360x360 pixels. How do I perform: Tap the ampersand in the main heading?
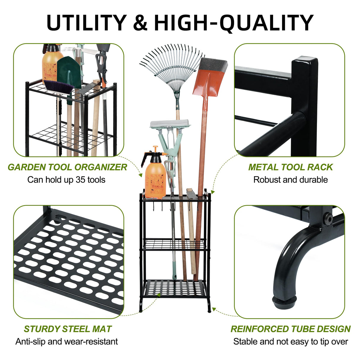click(140, 23)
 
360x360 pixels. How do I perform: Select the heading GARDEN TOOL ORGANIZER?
click(67, 167)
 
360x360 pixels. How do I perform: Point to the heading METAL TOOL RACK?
click(290, 167)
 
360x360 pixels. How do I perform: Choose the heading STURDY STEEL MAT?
click(68, 329)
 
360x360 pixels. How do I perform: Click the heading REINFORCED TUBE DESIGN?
click(290, 329)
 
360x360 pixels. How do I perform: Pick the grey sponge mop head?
click(170, 124)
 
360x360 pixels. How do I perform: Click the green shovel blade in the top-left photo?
click(69, 73)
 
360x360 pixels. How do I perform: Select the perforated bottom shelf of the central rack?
click(175, 289)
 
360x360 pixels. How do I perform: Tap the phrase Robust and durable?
click(290, 180)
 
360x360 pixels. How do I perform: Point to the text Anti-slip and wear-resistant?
click(66, 342)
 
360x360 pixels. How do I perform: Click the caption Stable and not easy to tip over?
click(290, 342)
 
